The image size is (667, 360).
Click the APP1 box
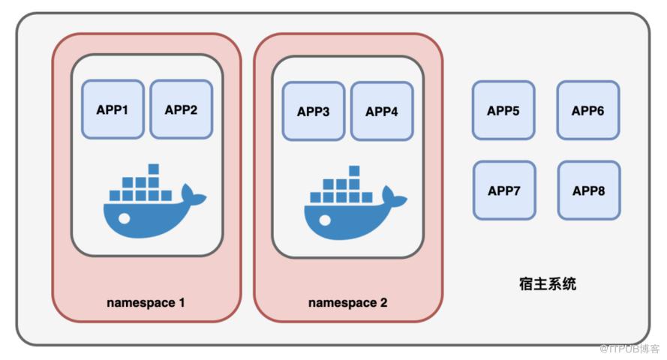coord(113,109)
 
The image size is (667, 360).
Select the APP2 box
coord(182,109)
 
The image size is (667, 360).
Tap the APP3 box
coord(314,111)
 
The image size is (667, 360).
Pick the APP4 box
coord(382,111)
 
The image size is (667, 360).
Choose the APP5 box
coord(503,110)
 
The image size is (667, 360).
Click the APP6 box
coord(588,110)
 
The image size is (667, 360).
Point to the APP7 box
coord(504,190)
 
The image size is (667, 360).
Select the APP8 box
coord(589,190)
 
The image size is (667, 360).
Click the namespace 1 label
coord(146,302)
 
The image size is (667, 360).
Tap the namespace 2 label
coord(347,302)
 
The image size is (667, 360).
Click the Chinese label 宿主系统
coord(548,283)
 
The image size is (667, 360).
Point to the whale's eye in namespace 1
coord(125,218)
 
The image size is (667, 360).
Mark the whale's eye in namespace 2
coord(325,220)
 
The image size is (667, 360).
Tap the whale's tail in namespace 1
coord(192,196)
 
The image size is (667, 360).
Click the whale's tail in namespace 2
coord(393,198)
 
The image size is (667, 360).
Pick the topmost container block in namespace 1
coord(154,169)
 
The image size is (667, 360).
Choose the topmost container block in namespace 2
coord(354,171)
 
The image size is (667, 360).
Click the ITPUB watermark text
coord(629,349)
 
